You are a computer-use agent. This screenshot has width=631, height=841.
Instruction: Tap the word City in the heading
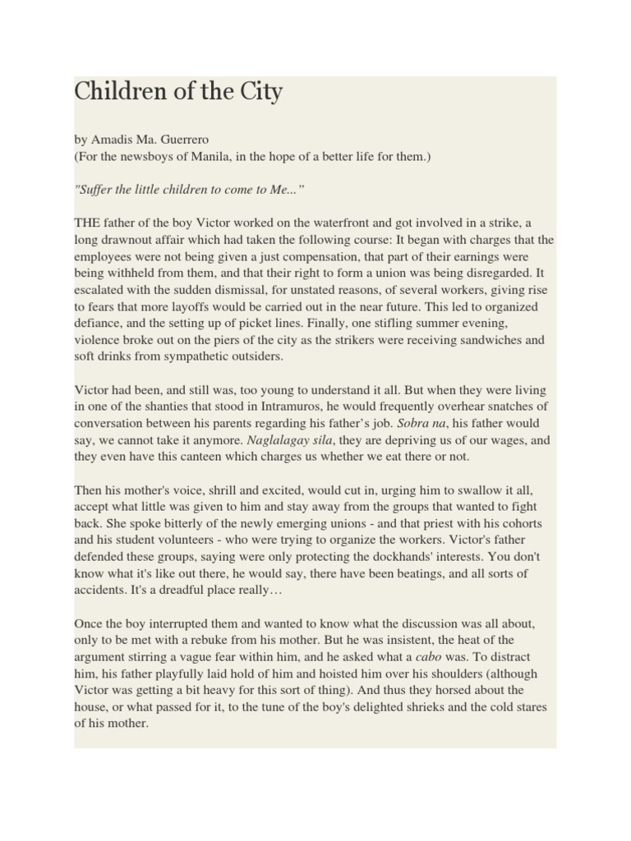tap(261, 92)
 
